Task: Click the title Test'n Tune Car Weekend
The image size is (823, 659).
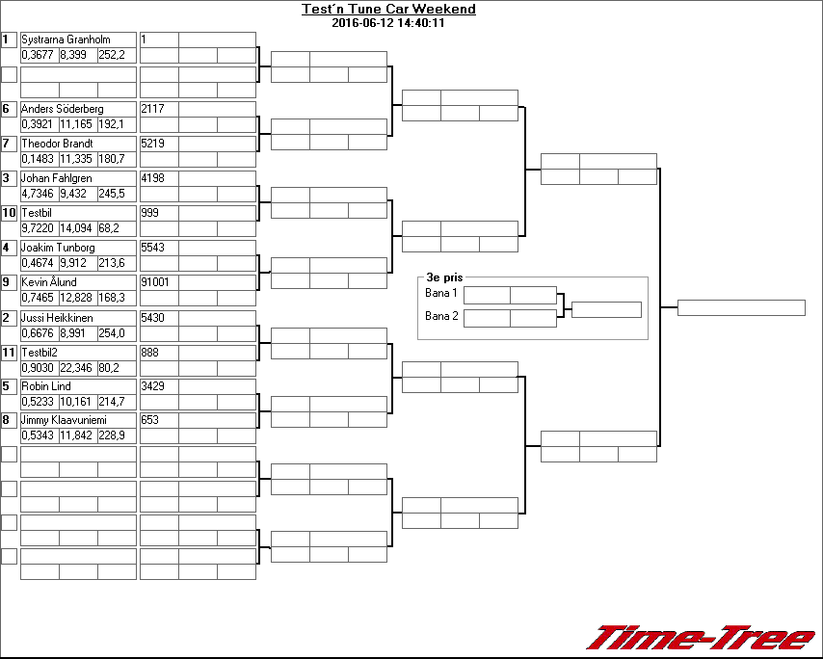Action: (x=388, y=10)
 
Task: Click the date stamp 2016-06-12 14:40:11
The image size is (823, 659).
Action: (x=387, y=23)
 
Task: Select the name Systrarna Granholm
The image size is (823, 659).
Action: (x=66, y=40)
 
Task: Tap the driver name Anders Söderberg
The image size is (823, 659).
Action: (x=62, y=109)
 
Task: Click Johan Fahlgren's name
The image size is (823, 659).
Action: (x=57, y=178)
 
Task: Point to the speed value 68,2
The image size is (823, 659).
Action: (x=111, y=228)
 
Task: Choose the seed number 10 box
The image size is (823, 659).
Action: (x=10, y=213)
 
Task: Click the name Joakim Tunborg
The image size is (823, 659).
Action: (x=58, y=248)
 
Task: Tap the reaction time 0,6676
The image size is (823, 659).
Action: (x=38, y=333)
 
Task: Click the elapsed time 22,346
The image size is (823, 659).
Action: (x=76, y=368)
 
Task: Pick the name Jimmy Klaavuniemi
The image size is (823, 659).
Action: (x=64, y=420)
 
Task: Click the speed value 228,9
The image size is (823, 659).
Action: (x=112, y=436)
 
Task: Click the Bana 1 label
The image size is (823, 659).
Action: (x=440, y=293)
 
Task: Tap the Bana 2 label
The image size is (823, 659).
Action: (x=440, y=316)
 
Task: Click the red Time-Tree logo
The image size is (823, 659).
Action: (x=702, y=637)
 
